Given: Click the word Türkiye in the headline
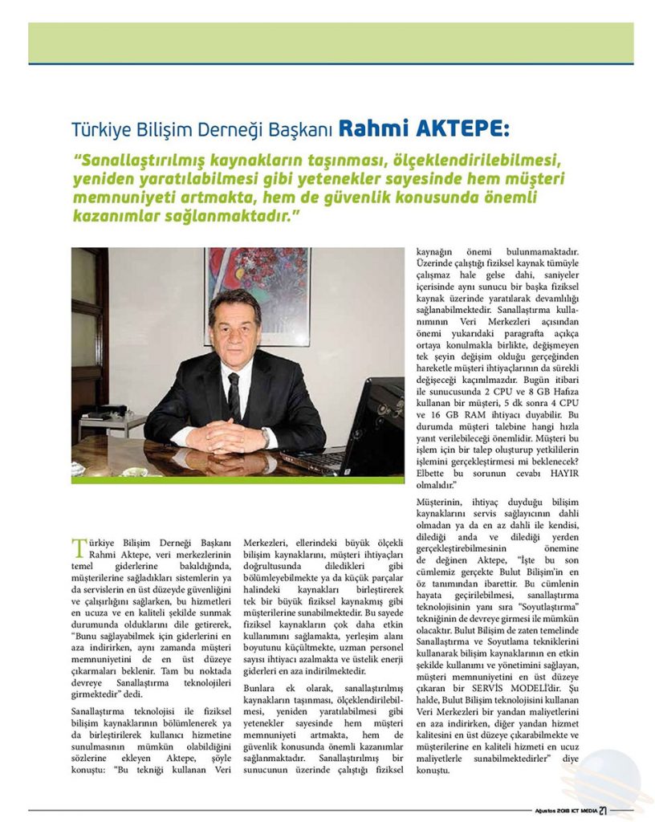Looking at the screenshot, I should pyautogui.click(x=99, y=129).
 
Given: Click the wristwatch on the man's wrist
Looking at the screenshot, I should pyautogui.click(x=265, y=437).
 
